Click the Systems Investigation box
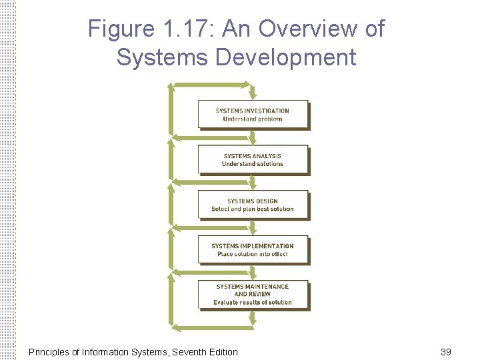(253, 114)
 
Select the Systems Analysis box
(253, 159)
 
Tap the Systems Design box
(253, 204)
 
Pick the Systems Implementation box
(253, 249)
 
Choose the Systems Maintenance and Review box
(253, 294)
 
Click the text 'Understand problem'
(253, 119)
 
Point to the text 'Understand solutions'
(253, 164)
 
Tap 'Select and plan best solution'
(253, 209)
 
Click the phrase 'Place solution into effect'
(253, 254)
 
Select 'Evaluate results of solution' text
(253, 302)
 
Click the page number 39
(446, 351)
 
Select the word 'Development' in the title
(285, 57)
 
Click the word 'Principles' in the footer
(49, 351)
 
